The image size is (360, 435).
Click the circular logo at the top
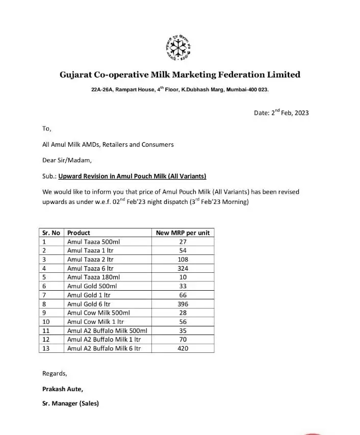(x=179, y=47)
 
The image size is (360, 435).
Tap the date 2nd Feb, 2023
(x=281, y=113)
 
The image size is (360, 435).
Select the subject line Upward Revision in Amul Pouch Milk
(x=132, y=176)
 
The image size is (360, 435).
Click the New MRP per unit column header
(x=183, y=233)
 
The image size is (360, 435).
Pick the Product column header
(x=79, y=233)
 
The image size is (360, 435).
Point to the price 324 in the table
(x=183, y=268)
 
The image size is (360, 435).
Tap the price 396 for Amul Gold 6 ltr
(x=183, y=304)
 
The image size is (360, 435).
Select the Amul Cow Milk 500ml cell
(x=98, y=313)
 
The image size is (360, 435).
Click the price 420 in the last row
(x=183, y=348)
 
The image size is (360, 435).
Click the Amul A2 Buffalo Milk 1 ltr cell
(x=104, y=339)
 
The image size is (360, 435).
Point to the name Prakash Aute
(x=63, y=389)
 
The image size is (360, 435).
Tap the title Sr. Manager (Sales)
(x=70, y=403)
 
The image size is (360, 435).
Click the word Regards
(x=55, y=373)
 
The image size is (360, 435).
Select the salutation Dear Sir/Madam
(x=67, y=160)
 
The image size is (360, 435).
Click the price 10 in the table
(x=183, y=277)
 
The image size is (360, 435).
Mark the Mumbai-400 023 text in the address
(x=247, y=90)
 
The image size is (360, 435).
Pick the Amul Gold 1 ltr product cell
(x=89, y=295)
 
